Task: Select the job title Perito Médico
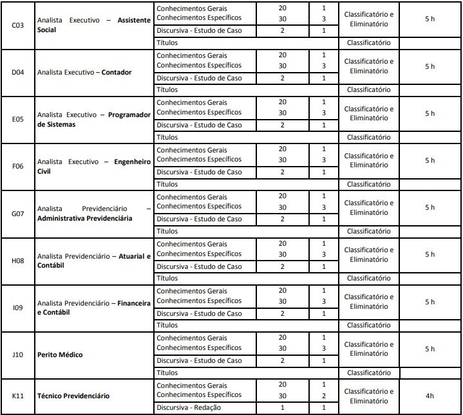point(60,355)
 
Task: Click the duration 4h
point(430,396)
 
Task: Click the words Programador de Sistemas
point(94,120)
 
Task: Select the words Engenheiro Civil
point(94,167)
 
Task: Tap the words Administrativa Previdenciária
point(84,219)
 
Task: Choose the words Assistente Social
point(94,25)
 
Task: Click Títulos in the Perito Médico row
point(167,373)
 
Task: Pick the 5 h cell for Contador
point(430,66)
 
